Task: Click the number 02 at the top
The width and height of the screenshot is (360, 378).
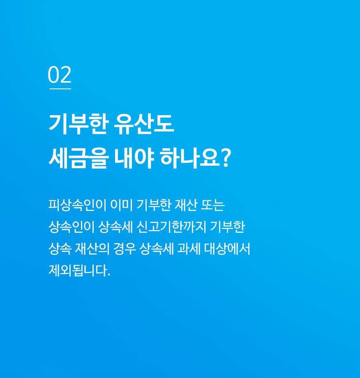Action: tap(60, 74)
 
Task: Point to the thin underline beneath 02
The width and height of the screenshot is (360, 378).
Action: tap(60, 89)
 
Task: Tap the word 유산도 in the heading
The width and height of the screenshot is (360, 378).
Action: tap(143, 124)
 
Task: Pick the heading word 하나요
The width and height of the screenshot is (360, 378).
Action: tap(190, 158)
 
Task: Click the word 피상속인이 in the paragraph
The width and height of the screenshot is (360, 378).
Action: tap(77, 205)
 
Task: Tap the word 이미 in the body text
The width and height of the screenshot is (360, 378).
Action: tap(122, 205)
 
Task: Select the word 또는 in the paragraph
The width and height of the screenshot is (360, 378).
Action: tap(213, 205)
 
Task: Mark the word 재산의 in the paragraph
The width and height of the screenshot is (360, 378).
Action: tap(92, 248)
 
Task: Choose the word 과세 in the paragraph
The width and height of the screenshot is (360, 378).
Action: tap(189, 248)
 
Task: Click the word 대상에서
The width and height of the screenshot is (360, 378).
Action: tap(227, 248)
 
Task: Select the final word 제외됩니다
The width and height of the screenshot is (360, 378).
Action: tap(78, 270)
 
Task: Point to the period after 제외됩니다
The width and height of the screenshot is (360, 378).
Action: tap(109, 275)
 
